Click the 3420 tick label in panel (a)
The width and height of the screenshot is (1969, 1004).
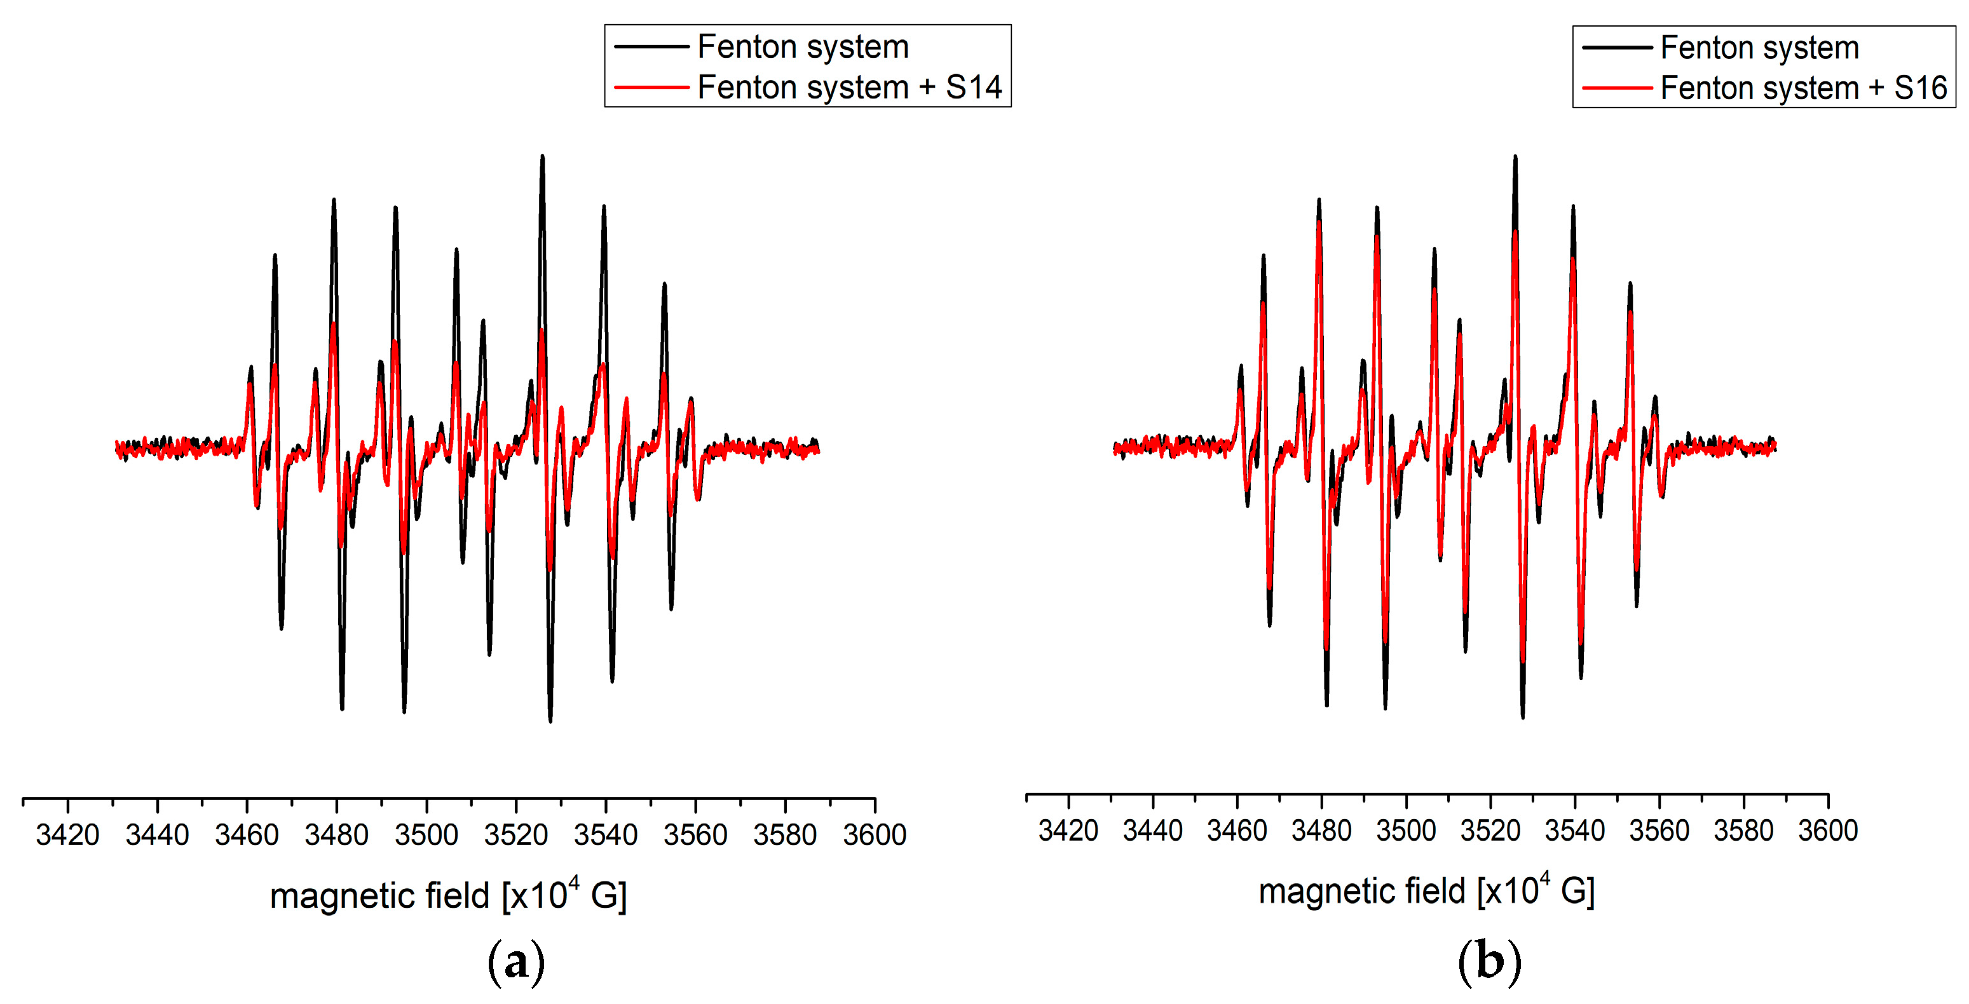[67, 834]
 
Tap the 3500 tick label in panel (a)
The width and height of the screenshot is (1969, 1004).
[426, 834]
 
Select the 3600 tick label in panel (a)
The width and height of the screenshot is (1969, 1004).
[875, 834]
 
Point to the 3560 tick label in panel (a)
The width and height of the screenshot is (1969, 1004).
[695, 834]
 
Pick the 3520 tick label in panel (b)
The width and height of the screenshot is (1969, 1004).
[1490, 830]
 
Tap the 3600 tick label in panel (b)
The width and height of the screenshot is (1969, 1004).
[1828, 830]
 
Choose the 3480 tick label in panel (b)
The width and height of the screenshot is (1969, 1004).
[1321, 830]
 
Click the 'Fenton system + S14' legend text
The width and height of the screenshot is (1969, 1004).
[849, 87]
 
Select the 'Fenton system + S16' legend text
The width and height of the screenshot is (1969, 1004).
[1803, 88]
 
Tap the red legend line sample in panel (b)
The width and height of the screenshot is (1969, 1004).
[1617, 88]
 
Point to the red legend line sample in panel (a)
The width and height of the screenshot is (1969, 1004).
[651, 87]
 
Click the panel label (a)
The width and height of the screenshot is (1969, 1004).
[516, 961]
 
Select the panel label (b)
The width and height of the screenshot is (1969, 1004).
[1489, 961]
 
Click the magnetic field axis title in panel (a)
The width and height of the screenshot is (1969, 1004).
[448, 895]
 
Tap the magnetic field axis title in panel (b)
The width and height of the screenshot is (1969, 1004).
[1426, 890]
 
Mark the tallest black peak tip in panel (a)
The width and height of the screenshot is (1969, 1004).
[542, 156]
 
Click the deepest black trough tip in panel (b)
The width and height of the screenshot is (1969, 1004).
[1523, 717]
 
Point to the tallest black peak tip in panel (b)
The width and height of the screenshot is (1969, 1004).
[1515, 156]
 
